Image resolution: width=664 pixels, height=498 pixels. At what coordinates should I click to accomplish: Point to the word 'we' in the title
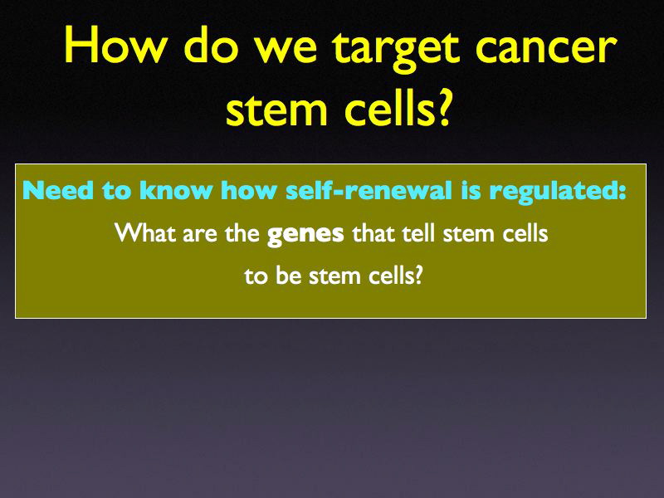291,50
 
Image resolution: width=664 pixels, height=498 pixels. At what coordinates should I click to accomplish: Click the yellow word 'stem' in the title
276,110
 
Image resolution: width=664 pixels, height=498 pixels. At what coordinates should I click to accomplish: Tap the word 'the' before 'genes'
241,233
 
